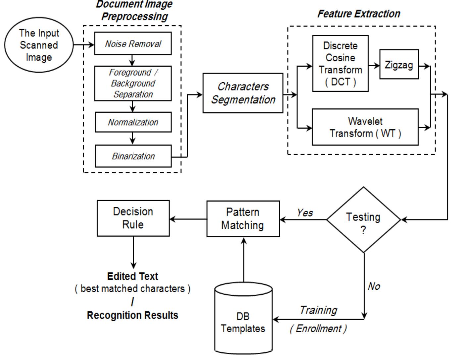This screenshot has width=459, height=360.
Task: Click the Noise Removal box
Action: pos(133,43)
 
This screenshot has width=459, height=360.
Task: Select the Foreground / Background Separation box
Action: pos(133,83)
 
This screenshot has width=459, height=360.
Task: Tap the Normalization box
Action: pos(133,122)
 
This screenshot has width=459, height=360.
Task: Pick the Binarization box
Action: pos(133,156)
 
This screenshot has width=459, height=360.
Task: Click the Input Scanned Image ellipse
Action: pos(39,45)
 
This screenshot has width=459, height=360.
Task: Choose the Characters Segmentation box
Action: pos(243,93)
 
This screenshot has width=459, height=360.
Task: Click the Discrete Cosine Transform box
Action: pos(340,63)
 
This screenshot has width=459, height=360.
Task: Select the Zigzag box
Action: pos(399,65)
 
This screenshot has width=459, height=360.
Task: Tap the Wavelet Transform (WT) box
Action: pos(365,127)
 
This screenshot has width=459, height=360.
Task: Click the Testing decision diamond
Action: pos(363,220)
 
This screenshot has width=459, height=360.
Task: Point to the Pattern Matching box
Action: pos(243,219)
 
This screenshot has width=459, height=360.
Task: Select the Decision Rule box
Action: pos(133,218)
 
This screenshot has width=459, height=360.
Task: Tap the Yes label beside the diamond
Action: pos(305,212)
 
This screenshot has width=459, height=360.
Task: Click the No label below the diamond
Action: pos(374,286)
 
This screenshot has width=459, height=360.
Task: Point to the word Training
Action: pos(318,310)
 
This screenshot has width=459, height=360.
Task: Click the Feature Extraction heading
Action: pos(359,14)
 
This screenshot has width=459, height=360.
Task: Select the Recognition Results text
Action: pos(132,315)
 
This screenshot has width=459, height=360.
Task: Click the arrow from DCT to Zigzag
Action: pos(374,66)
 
